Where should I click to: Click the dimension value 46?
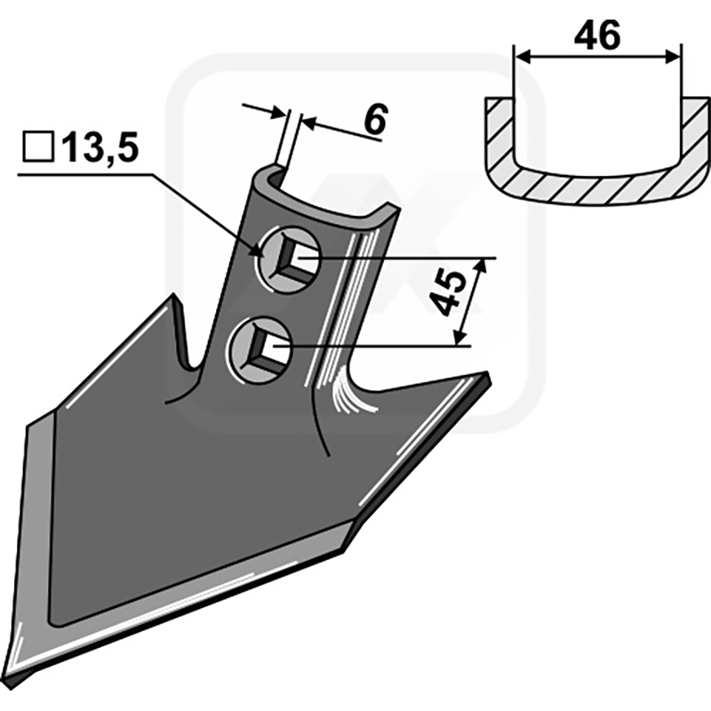coord(596,36)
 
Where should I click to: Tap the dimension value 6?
coord(376,119)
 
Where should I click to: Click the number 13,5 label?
coord(100,148)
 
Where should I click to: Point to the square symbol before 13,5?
coord(38,147)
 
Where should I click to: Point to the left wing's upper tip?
coord(173,295)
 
